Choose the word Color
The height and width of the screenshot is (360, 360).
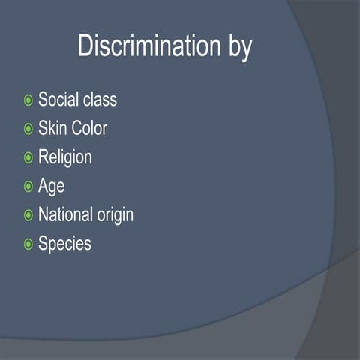pos(89,128)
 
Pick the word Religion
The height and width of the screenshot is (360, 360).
pos(65,157)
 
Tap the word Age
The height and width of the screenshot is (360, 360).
pos(51,187)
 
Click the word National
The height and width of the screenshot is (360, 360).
pos(69,214)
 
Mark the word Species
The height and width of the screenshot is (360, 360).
pos(64,244)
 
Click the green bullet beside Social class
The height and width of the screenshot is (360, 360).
pos(28,100)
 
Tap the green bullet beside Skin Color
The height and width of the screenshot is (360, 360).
pos(28,129)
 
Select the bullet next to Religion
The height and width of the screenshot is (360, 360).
pos(28,157)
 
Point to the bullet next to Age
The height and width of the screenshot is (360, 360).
pos(28,186)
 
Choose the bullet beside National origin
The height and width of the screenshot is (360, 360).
pos(28,215)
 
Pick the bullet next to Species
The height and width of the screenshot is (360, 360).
pos(28,244)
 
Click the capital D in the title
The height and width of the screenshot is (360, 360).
pos(85,46)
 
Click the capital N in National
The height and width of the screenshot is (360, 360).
pos(43,214)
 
